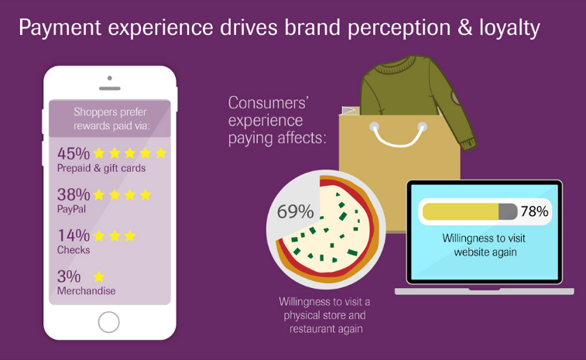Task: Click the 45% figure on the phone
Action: [x=74, y=153]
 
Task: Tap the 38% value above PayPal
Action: [x=74, y=194]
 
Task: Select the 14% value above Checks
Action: [x=74, y=235]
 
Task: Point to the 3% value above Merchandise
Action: [x=69, y=276]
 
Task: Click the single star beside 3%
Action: [x=98, y=276]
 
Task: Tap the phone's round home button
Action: [x=108, y=322]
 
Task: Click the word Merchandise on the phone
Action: [x=87, y=291]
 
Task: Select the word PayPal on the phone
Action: [x=71, y=209]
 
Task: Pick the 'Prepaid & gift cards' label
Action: [x=101, y=168]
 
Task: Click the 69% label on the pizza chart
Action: [x=295, y=211]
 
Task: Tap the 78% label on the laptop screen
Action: [x=534, y=211]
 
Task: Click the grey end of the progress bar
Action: [x=508, y=211]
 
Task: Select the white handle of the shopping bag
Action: [x=399, y=134]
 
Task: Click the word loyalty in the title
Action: [x=510, y=28]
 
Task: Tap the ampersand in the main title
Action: [x=464, y=28]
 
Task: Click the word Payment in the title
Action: [x=60, y=28]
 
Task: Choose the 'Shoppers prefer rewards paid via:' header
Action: [x=111, y=119]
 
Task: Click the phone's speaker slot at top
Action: [x=109, y=88]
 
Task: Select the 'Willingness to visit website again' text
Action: [x=485, y=245]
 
